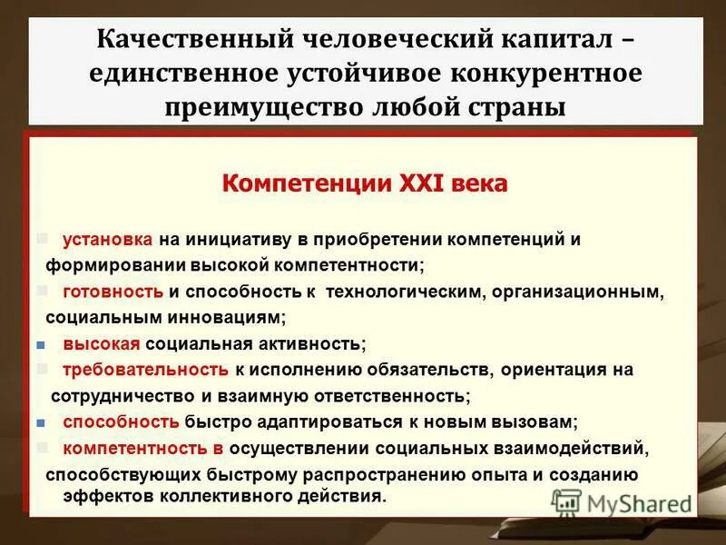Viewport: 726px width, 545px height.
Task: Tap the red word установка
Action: pyautogui.click(x=108, y=240)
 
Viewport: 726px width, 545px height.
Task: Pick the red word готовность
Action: pyautogui.click(x=113, y=292)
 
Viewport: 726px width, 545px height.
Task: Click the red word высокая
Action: pyautogui.click(x=102, y=343)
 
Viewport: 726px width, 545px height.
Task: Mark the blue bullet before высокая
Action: pyautogui.click(x=41, y=344)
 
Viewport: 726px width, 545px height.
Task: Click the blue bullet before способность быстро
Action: pyautogui.click(x=41, y=422)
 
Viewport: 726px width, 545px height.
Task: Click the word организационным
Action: pyautogui.click(x=574, y=292)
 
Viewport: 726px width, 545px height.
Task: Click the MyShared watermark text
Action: pyautogui.click(x=635, y=501)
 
